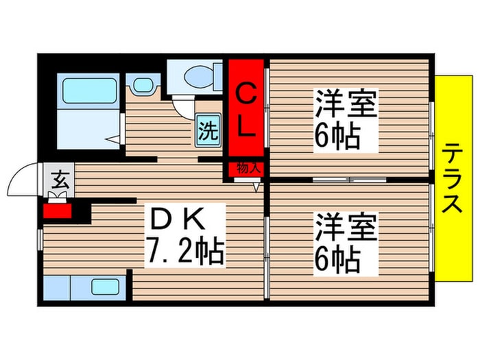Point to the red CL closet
pyautogui.click(x=247, y=110)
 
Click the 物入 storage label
pyautogui.click(x=248, y=167)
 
